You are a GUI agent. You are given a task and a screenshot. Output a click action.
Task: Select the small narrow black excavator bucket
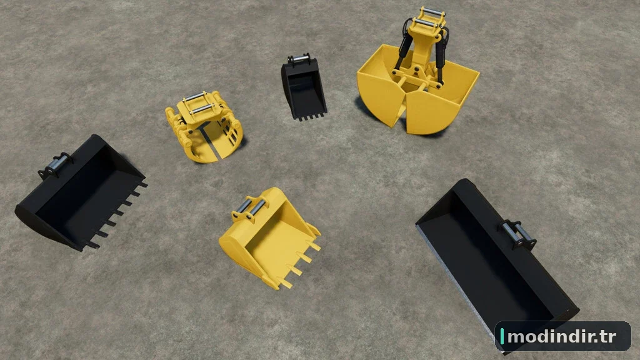click(x=303, y=87)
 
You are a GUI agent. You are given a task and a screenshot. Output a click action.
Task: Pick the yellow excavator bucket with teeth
click(x=270, y=237)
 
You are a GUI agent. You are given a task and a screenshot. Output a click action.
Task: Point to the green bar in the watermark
click(x=502, y=337)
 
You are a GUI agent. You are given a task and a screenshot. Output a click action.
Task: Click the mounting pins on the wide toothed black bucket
click(x=55, y=165)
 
